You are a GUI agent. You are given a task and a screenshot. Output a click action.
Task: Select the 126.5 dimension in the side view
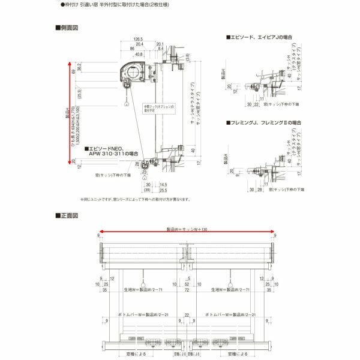pyautogui.click(x=138, y=38)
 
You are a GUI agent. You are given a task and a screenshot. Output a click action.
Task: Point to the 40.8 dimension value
pyautogui.click(x=139, y=55)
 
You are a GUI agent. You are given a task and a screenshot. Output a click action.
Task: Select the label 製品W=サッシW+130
pyautogui.click(x=187, y=228)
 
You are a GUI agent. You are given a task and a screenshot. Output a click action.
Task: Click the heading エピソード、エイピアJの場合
pyautogui.click(x=261, y=37)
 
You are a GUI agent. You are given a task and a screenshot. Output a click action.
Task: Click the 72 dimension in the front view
pyautogui.click(x=187, y=289)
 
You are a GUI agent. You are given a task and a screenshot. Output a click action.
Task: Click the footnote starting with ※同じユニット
pyautogui.click(x=136, y=199)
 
